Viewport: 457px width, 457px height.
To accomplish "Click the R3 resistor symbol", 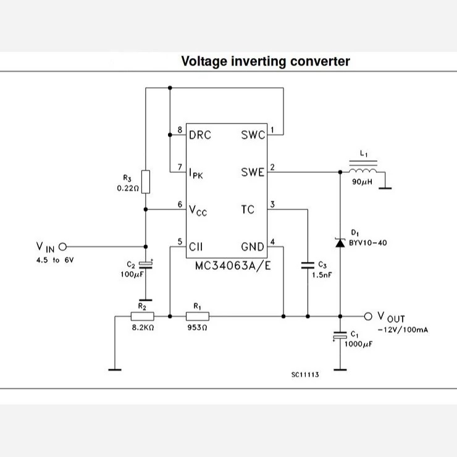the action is pos(146,182).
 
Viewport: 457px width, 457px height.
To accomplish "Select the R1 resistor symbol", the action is pos(198,316).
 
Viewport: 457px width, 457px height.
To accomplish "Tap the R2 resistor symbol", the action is pos(142,316).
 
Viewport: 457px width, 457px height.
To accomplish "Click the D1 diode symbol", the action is pos(340,243).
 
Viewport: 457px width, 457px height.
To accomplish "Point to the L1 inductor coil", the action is pos(363,170).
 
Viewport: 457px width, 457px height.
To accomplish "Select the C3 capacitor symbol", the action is pos(308,265).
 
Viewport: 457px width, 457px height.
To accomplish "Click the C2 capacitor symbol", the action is pos(146,265).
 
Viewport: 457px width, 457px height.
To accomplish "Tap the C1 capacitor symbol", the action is pos(340,335).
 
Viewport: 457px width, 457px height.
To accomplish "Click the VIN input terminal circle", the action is pos(62,247).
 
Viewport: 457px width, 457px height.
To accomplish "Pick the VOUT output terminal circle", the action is pos(368,316).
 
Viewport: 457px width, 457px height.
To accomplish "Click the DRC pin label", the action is pos(200,135).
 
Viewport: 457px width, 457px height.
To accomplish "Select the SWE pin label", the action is pos(253,172).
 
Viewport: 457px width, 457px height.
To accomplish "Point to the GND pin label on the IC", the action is pos(253,247).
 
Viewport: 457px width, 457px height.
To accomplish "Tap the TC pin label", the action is pos(248,209).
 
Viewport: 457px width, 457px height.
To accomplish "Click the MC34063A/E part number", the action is pos(233,266).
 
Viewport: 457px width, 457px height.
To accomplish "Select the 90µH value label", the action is pos(363,182).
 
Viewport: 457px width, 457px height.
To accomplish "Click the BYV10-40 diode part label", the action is pos(368,243).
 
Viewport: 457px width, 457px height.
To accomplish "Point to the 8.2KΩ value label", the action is pos(143,327).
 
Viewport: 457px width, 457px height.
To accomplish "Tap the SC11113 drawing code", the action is pos(305,374).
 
